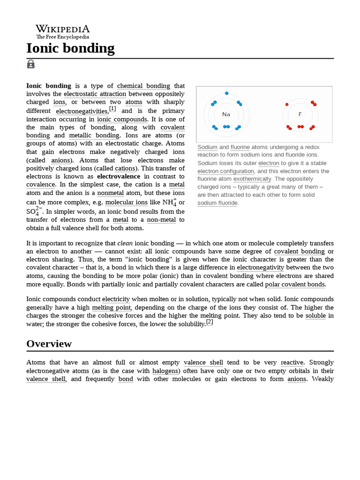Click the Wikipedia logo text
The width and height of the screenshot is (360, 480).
[63, 29]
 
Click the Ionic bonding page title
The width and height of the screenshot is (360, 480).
[70, 48]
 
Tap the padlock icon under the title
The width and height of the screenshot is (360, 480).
[31, 64]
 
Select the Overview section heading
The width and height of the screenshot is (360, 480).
[49, 344]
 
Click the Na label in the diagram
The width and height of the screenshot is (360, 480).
[226, 114]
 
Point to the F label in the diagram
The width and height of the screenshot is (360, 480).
[300, 114]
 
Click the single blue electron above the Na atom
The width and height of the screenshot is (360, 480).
[226, 93]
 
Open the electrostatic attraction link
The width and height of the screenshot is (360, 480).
[95, 94]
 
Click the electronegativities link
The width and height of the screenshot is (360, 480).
[82, 111]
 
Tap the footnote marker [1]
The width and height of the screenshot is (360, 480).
[112, 109]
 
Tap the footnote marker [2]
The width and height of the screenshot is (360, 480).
[210, 322]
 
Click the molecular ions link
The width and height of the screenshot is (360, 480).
[132, 202]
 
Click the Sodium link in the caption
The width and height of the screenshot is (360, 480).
[207, 147]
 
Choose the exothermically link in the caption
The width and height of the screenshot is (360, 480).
[252, 179]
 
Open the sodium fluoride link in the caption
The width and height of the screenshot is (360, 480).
[217, 202]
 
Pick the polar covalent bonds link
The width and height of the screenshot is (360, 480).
[295, 285]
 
